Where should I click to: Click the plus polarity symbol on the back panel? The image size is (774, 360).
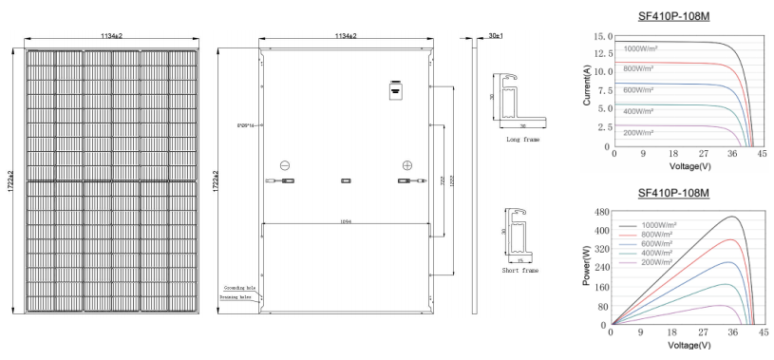(x=407, y=164)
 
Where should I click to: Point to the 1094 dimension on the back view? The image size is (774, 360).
(x=346, y=222)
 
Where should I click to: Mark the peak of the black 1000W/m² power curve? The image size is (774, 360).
(x=732, y=218)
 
